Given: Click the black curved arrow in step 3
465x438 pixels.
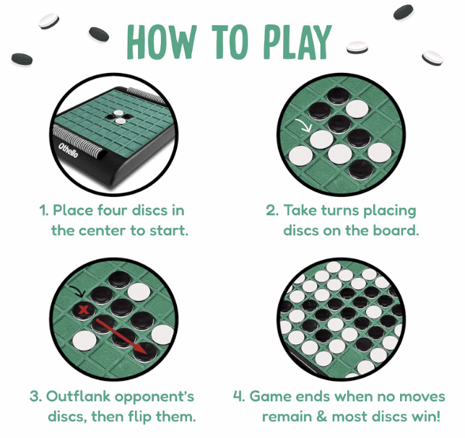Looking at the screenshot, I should pyautogui.click(x=77, y=292).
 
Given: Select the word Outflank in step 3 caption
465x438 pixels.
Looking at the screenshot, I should pyautogui.click(x=79, y=397).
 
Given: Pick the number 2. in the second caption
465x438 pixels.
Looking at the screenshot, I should pyautogui.click(x=272, y=211).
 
